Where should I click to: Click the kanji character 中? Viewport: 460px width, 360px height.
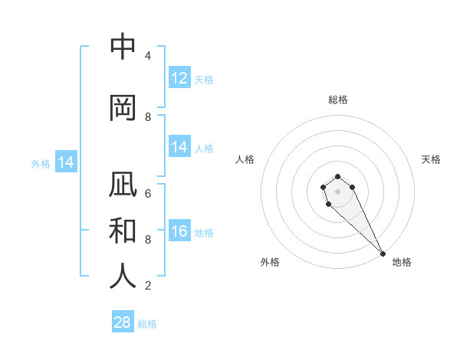point(123,47)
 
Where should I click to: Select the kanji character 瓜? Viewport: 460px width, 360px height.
point(123,186)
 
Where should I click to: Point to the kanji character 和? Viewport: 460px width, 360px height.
point(123,231)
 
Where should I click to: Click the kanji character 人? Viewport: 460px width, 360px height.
point(123,276)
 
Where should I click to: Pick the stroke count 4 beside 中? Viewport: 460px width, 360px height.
point(148,56)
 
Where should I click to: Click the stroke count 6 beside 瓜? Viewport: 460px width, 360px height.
point(148,194)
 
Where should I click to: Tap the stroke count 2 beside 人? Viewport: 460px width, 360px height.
point(148,286)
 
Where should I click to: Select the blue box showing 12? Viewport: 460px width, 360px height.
point(179,78)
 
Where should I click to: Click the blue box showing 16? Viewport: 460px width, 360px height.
point(179,231)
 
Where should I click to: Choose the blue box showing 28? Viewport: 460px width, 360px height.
point(123,322)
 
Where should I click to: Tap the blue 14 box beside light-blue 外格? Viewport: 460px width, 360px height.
point(66,162)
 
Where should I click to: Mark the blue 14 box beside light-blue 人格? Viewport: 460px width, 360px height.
point(179,147)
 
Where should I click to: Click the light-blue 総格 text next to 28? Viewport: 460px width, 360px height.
point(147,324)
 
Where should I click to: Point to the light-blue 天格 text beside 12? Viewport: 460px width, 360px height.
point(204,79)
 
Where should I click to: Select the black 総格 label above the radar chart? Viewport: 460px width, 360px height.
point(338,100)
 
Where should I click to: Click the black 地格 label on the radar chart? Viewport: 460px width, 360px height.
point(402,262)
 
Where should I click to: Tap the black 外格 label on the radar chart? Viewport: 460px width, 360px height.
point(270,262)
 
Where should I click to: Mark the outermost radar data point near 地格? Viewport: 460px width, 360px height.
point(383,254)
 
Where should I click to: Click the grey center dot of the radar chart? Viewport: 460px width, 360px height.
point(338,191)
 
